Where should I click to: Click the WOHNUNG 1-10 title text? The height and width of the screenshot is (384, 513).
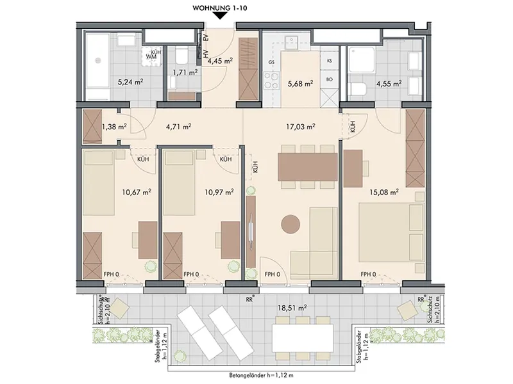coord(219,8)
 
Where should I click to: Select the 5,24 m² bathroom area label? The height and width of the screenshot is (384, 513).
coord(131,82)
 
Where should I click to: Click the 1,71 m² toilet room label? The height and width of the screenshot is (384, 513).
coord(185,72)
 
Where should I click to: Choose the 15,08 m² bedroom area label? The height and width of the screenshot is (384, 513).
coord(384,192)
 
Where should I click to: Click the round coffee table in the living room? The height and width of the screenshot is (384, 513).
coord(290,223)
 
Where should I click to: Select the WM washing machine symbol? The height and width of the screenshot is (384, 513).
coord(151,56)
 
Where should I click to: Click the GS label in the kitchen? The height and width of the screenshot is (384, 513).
coord(271,62)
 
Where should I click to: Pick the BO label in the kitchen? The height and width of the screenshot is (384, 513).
coord(330,79)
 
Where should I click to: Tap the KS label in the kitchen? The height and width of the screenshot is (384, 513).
coord(330,61)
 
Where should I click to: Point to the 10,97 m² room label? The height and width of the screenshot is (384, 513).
coord(219,192)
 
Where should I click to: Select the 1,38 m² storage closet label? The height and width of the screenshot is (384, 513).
coord(115,126)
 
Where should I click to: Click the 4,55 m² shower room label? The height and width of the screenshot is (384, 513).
coord(389,84)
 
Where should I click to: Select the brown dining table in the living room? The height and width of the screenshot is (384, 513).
coord(308,167)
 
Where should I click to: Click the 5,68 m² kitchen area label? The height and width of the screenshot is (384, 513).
coord(300,84)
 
